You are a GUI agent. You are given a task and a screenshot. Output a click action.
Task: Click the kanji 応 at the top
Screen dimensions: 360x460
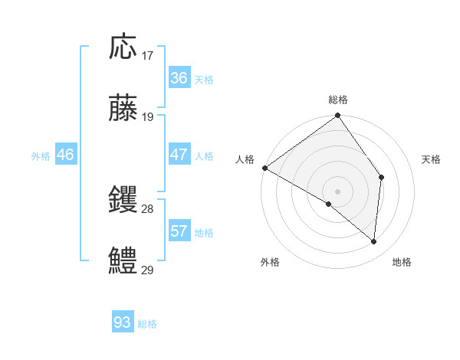(123, 47)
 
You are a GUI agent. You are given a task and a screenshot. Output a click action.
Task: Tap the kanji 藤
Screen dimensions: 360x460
(123, 107)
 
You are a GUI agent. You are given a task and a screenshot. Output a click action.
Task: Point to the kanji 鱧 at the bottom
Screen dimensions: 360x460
(123, 260)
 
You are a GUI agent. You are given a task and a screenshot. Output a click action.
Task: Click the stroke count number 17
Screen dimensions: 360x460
(148, 56)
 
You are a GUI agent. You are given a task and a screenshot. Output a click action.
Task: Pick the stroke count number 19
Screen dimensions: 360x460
(148, 117)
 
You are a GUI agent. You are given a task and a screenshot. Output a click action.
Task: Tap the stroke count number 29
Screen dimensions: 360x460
(148, 270)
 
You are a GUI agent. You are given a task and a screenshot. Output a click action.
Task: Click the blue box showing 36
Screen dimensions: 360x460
(179, 78)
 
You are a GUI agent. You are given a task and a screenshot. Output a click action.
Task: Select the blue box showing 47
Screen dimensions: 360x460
(179, 155)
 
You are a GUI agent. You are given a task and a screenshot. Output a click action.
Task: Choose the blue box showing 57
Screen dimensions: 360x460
(179, 231)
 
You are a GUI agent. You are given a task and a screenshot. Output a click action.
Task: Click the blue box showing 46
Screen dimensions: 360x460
(66, 155)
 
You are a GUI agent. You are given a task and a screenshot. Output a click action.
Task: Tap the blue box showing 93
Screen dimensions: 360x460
(122, 322)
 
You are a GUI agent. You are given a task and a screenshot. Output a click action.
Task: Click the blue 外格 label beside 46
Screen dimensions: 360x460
(41, 156)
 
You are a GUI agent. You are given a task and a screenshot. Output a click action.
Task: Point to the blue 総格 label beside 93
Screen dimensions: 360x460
(147, 324)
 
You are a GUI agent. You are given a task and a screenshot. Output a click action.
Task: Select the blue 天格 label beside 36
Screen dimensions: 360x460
(204, 80)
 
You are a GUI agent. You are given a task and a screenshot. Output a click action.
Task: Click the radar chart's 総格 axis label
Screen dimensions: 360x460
(338, 100)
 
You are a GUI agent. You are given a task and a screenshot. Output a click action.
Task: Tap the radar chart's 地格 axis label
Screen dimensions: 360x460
(402, 262)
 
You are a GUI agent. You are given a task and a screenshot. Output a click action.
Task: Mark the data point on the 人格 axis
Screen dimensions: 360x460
(264, 168)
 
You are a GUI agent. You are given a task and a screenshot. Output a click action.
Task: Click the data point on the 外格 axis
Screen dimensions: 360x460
(329, 204)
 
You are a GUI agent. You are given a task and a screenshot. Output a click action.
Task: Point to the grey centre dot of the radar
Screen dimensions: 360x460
(337, 191)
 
